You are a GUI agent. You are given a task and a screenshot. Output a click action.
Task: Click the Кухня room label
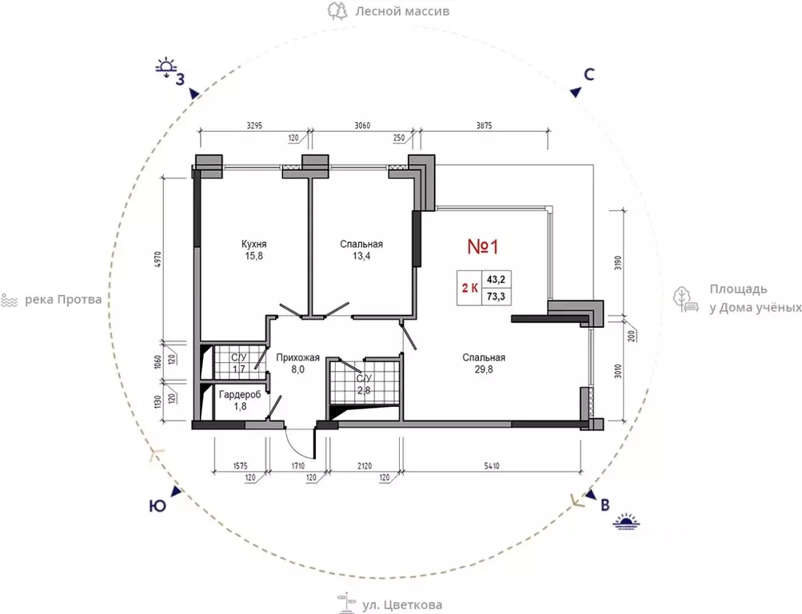pyautogui.click(x=253, y=244)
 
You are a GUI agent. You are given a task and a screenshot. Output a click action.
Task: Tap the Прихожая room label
pyautogui.click(x=297, y=357)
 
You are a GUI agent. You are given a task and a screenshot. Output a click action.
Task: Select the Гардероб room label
pyautogui.click(x=240, y=394)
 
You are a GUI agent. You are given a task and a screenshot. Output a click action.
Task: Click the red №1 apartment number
pyautogui.click(x=483, y=247)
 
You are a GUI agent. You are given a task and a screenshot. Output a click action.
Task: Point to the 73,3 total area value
pyautogui.click(x=496, y=296)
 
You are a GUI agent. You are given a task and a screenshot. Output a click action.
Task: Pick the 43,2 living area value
pyautogui.click(x=496, y=279)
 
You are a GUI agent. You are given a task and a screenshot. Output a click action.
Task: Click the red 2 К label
pyautogui.click(x=469, y=288)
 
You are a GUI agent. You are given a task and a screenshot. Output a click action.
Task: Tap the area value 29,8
pyautogui.click(x=484, y=369)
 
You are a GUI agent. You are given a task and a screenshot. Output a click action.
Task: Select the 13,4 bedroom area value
pyautogui.click(x=361, y=256)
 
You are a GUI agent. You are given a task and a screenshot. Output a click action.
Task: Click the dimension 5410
pyautogui.click(x=492, y=466)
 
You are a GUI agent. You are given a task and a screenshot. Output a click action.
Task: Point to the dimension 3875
pyautogui.click(x=484, y=126)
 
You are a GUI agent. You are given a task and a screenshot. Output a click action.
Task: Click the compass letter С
pyautogui.click(x=589, y=74)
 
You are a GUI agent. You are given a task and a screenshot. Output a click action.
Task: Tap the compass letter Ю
pyautogui.click(x=158, y=506)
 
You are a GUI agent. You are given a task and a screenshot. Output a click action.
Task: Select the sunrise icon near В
pyautogui.click(x=627, y=521)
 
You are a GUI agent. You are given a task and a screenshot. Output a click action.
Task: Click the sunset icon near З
pyautogui.click(x=166, y=68)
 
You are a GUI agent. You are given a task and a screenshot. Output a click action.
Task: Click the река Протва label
pyautogui.click(x=63, y=299)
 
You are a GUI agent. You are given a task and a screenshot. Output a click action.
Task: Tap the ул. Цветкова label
pyautogui.click(x=402, y=604)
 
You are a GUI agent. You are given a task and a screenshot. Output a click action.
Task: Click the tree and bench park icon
pyautogui.click(x=686, y=300)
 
